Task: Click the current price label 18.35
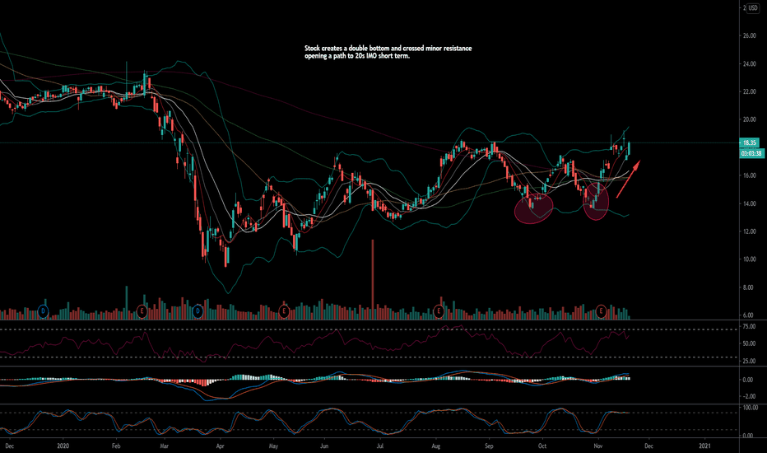[x=749, y=142]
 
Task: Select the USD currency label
[x=751, y=7]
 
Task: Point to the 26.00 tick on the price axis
[x=749, y=36]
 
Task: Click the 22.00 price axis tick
[x=749, y=92]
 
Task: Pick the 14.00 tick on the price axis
[x=749, y=203]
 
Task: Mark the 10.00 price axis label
[x=749, y=259]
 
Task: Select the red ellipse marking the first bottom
[x=533, y=205]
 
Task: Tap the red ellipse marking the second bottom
[x=596, y=203]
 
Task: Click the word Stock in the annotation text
[x=314, y=49]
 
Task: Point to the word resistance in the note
[x=455, y=49]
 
